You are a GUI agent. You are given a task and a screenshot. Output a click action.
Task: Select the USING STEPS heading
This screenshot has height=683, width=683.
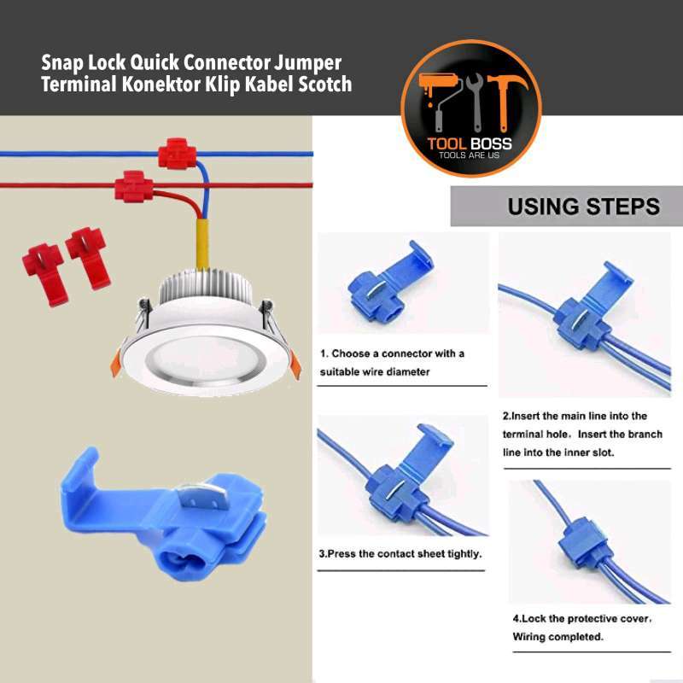[583, 207]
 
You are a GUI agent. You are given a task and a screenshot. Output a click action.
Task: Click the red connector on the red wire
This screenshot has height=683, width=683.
[132, 186]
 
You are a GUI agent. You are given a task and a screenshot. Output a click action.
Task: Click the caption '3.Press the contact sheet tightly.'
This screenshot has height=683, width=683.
[400, 553]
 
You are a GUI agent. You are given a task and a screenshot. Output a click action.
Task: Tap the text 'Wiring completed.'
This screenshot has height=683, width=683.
[558, 637]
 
